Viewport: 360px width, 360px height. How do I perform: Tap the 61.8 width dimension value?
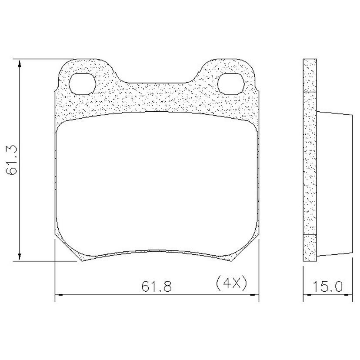tap(157, 286)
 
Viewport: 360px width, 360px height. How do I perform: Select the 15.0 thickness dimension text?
tap(328, 286)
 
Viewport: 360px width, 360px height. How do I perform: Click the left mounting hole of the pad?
tap(82, 84)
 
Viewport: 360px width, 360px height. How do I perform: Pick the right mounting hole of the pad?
tap(230, 84)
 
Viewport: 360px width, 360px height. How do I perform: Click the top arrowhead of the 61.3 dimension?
tap(20, 64)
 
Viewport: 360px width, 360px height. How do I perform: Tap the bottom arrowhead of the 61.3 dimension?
tap(20, 257)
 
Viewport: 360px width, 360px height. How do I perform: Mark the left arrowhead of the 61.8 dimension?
tap(59, 294)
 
